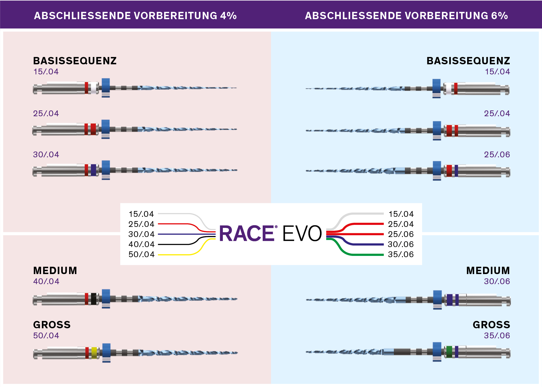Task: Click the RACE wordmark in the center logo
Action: pos(247,233)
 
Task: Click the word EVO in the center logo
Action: pos(302,233)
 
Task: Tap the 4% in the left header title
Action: pos(228,16)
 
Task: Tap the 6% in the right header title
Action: pos(499,16)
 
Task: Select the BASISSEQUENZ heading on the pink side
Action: pos(75,61)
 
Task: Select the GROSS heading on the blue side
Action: pos(491,325)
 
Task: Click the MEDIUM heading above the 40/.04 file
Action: pos(55,271)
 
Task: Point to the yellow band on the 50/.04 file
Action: pos(94,353)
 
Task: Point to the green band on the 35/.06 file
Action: pos(449,352)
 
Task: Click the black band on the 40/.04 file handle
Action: pos(94,299)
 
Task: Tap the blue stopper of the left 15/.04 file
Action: pos(106,87)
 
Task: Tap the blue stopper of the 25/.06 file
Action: pos(437,171)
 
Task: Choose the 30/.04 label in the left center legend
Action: pos(141,234)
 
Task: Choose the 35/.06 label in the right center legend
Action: pos(401,254)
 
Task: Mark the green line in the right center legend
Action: pos(355,247)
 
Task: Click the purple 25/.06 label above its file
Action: pos(497,155)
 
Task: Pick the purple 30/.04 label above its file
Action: pos(46,155)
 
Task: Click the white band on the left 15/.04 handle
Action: pos(94,88)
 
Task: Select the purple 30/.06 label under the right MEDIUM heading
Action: pos(497,281)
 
